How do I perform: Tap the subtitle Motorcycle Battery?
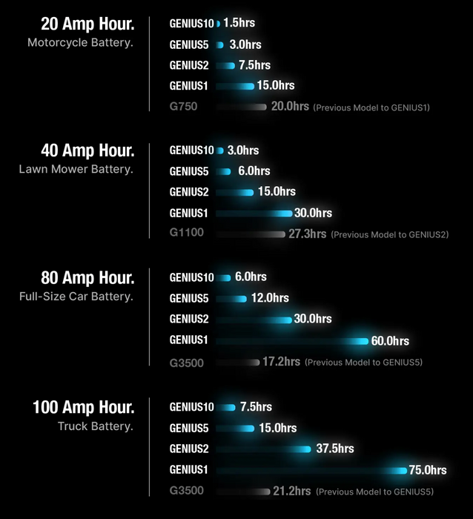pos(80,42)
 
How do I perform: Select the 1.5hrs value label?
pos(238,23)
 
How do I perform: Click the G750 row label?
pos(183,107)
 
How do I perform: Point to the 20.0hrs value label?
pos(290,107)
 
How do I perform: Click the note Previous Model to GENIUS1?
pos(371,108)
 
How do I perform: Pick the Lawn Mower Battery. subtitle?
pos(76,169)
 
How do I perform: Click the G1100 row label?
pos(186,233)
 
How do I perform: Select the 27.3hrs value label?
pos(307,234)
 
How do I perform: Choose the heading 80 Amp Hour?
pos(87,279)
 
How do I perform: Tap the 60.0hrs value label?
pos(390,341)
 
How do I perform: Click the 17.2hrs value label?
pos(281,362)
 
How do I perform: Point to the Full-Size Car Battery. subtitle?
pos(76,297)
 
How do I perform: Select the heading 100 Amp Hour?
pos(83,407)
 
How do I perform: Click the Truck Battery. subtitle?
pos(95,426)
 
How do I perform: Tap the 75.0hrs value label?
pos(428,470)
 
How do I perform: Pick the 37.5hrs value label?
pos(335,449)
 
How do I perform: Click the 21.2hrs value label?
pos(291,491)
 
